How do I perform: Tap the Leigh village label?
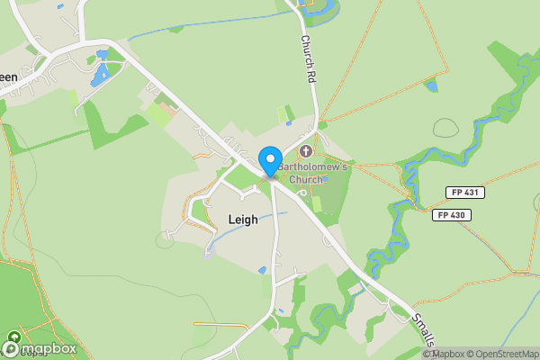(x=243, y=219)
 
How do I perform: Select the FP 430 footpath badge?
(x=451, y=215)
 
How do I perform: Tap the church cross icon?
(x=306, y=150)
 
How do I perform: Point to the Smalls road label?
(x=424, y=329)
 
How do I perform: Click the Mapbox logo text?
(x=49, y=348)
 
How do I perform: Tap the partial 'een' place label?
(x=8, y=77)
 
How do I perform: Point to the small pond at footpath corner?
(x=432, y=86)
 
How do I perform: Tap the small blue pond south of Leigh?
(x=262, y=269)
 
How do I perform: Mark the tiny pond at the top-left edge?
(x=60, y=6)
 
